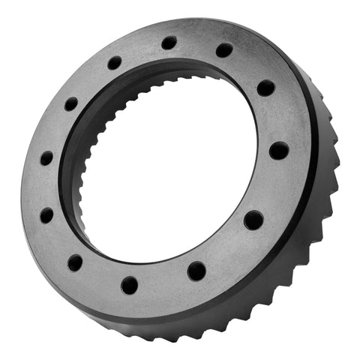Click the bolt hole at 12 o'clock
(169, 43)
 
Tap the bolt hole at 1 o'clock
(224, 50)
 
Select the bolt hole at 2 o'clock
(265, 88)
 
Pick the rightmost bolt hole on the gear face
(279, 150)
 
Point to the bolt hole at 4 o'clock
(253, 220)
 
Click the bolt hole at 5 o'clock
(196, 270)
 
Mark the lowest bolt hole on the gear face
(129, 285)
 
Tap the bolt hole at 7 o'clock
(75, 262)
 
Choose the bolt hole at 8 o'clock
(46, 215)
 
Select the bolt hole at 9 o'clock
(46, 158)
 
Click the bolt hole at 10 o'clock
(70, 104)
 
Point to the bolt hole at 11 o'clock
(114, 63)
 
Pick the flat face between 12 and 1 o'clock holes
(196, 43)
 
